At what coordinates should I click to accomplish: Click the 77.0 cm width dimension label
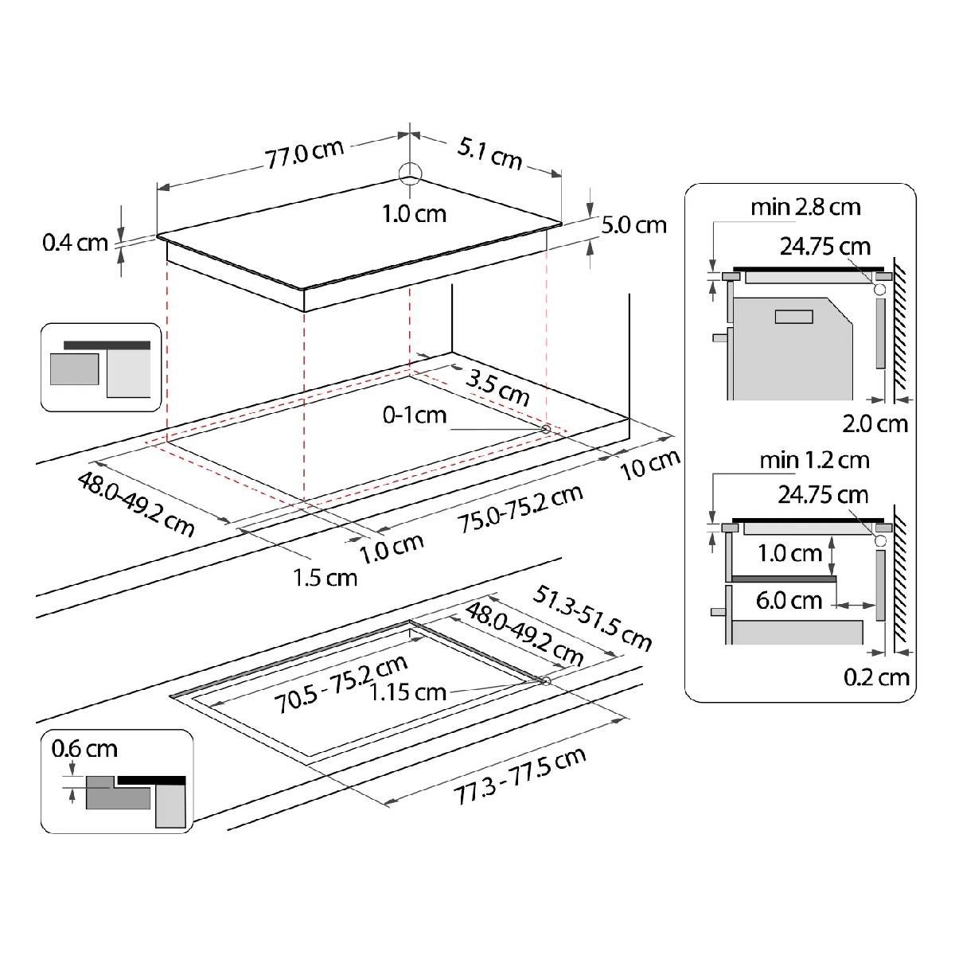point(304,154)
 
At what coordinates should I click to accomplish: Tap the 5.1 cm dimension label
point(489,154)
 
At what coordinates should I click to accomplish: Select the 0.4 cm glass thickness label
point(76,243)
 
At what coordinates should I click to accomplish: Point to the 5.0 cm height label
point(633,225)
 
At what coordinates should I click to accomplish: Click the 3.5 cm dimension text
point(497,388)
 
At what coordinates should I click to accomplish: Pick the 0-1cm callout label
point(415,415)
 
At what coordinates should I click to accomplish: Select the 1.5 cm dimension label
point(325,578)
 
